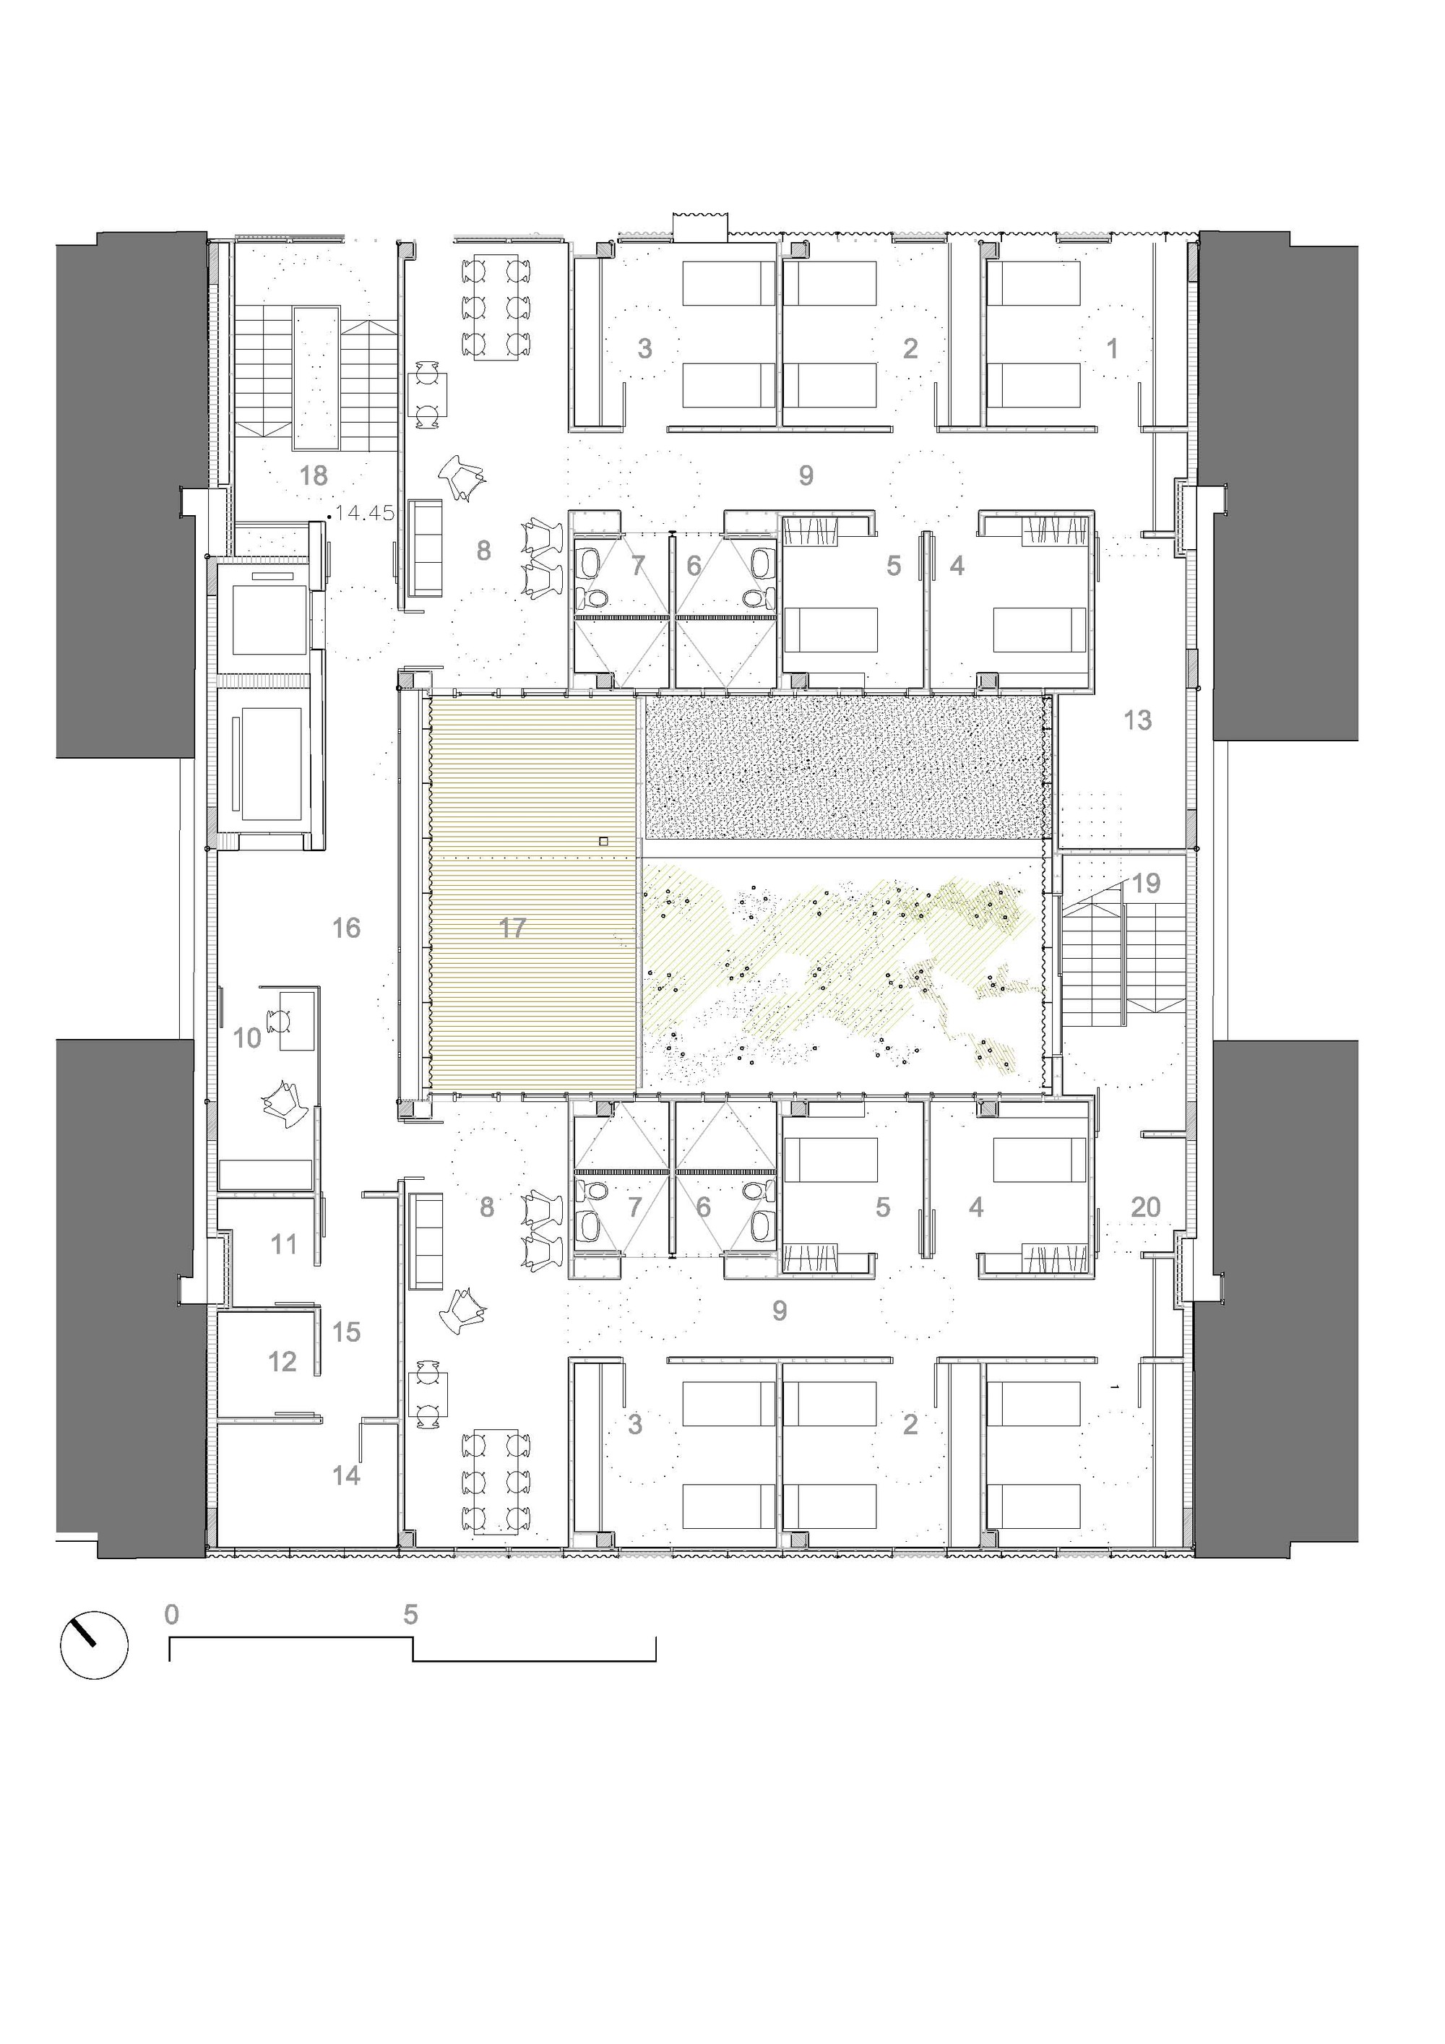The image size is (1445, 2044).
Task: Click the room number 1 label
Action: (x=1112, y=348)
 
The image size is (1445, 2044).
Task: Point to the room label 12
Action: (x=282, y=1361)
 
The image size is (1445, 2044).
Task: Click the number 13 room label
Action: (x=1138, y=720)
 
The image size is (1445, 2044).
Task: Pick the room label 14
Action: (x=346, y=1475)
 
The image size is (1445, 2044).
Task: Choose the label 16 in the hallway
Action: (x=346, y=928)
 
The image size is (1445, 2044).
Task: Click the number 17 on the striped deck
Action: (x=512, y=928)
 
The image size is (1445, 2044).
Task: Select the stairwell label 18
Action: (x=314, y=475)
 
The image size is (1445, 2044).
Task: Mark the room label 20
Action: (x=1146, y=1207)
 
